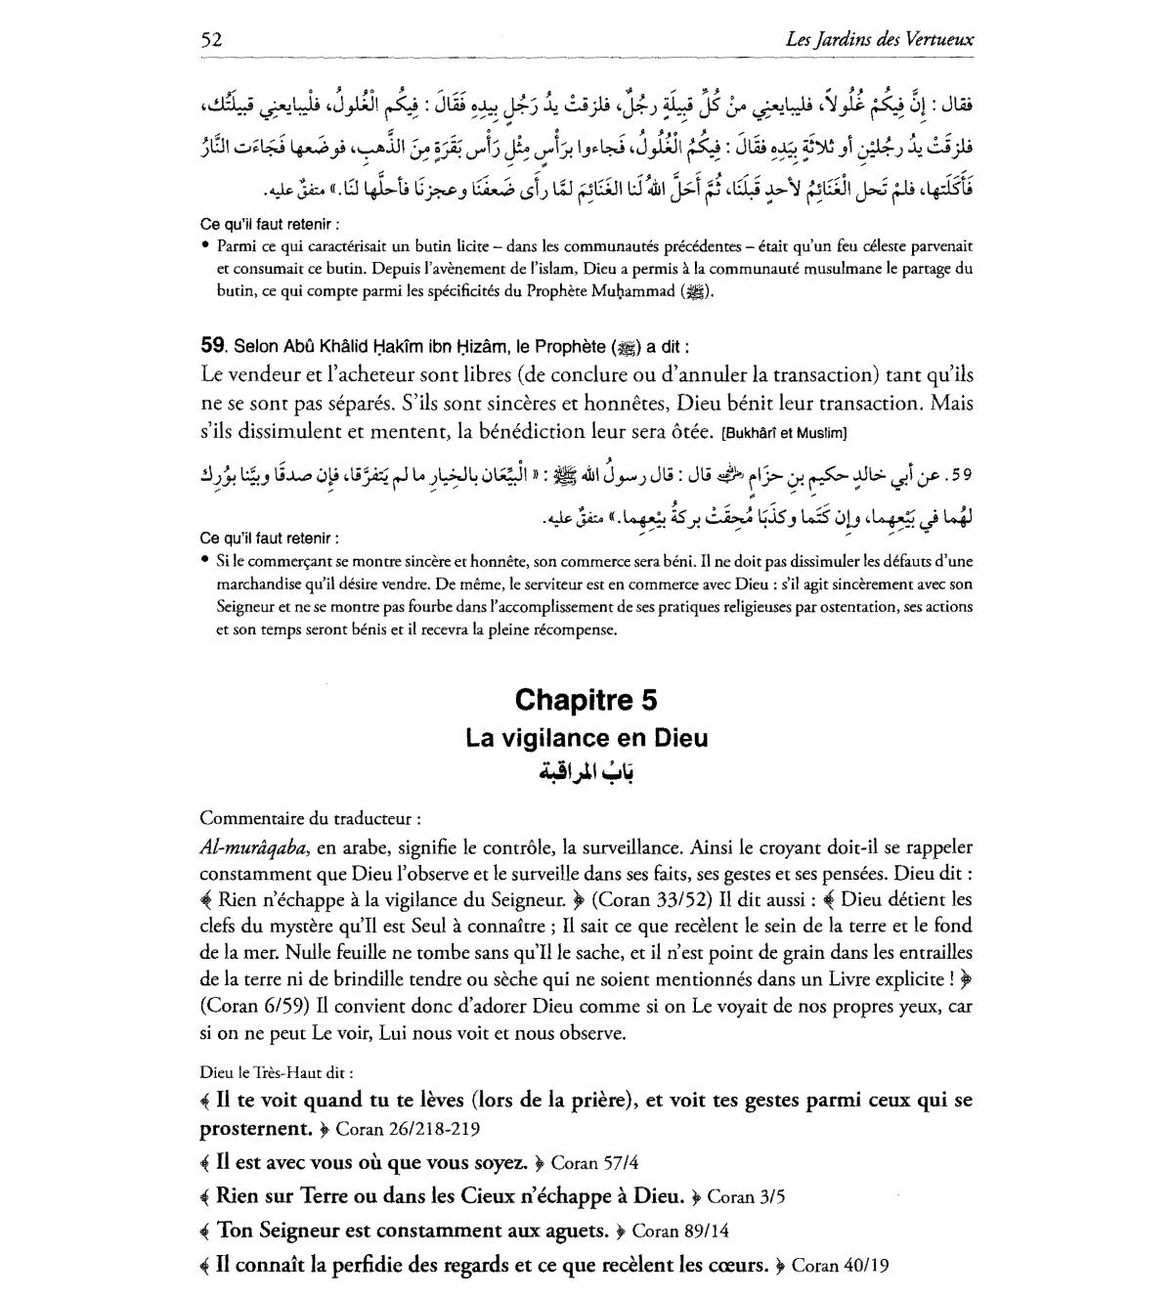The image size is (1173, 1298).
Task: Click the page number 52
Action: coord(212,40)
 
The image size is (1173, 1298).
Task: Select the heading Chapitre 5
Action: coord(586,700)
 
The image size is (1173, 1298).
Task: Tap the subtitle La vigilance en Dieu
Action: coord(586,738)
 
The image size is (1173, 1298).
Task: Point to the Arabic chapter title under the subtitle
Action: coord(586,773)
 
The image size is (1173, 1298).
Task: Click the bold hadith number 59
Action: coord(212,345)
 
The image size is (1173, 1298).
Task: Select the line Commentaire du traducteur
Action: coord(310,818)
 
